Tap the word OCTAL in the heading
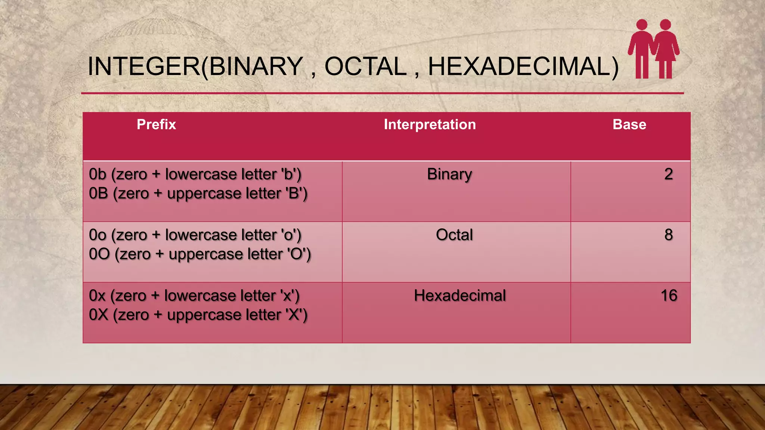365,66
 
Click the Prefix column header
156,124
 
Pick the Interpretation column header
430,124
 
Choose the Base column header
629,124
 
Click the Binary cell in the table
449,174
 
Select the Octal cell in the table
454,235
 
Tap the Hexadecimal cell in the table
459,296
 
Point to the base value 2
668,174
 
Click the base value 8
668,235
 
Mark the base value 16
669,296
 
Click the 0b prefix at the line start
97,174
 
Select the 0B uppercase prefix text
98,193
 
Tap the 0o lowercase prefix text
97,235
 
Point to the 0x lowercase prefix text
97,296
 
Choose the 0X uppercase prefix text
98,315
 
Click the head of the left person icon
642,25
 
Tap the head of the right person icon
665,25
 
